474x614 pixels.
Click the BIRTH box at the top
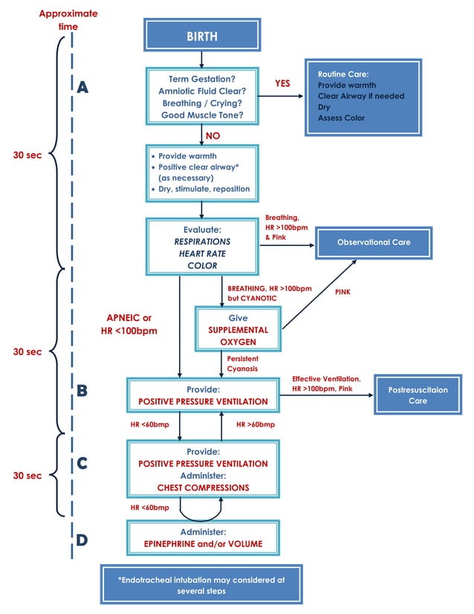(x=202, y=35)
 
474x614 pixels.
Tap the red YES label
(x=282, y=84)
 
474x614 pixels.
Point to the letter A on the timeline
(x=83, y=88)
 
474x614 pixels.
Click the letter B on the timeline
(x=83, y=390)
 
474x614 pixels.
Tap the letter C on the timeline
(x=83, y=463)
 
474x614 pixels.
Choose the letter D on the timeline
(x=83, y=539)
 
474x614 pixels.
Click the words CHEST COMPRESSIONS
(x=203, y=488)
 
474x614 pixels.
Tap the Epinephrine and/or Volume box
(x=203, y=538)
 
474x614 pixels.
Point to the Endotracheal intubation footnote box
(x=202, y=584)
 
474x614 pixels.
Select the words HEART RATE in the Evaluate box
(x=203, y=254)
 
